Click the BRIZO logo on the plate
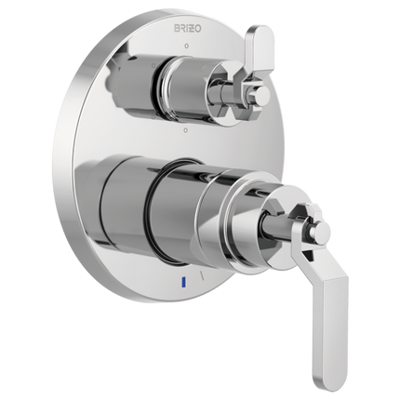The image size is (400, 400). (x=189, y=29)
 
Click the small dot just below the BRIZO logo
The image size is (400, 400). (x=186, y=47)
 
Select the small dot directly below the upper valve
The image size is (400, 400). (x=185, y=129)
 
